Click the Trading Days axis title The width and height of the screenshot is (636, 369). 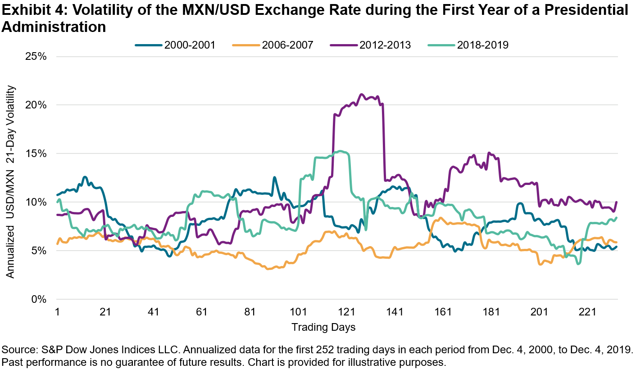[x=323, y=327]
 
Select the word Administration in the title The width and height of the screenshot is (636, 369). [x=54, y=27]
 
